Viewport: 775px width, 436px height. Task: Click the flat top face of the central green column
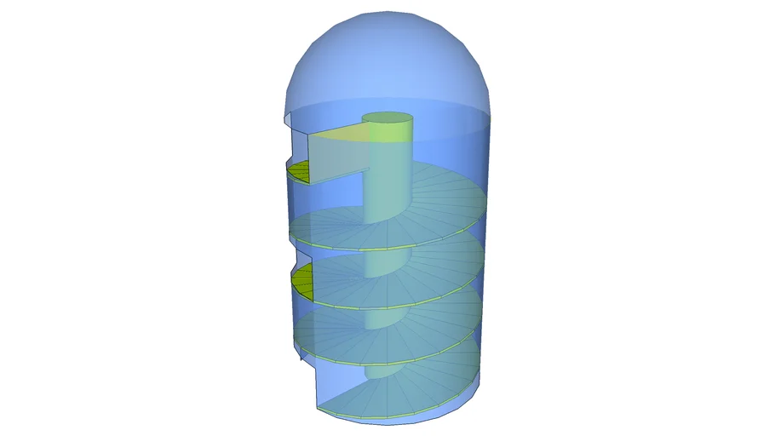click(x=388, y=119)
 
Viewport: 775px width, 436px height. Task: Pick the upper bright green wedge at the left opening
click(x=299, y=173)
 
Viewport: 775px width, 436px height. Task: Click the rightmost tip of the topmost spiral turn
click(x=488, y=200)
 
